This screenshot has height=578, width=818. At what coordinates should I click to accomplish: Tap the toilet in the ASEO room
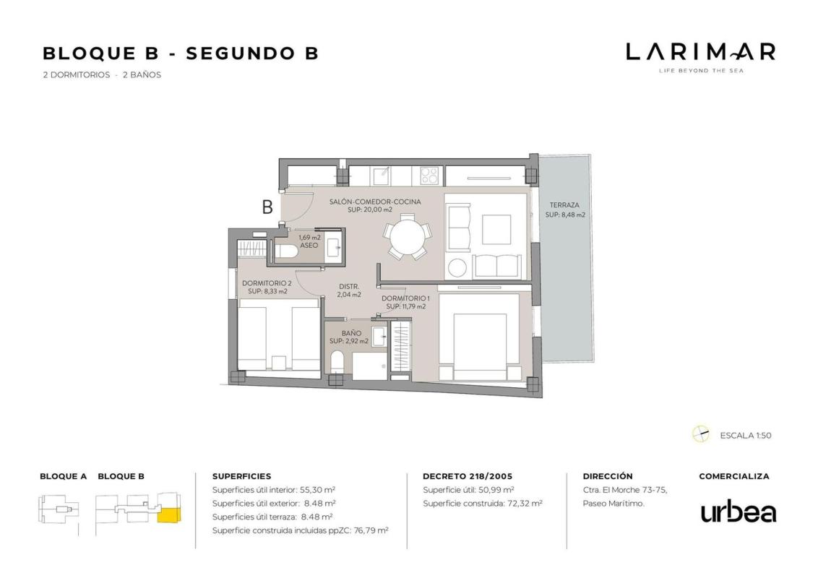coord(286,252)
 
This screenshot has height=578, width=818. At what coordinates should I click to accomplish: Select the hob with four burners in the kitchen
coord(429,176)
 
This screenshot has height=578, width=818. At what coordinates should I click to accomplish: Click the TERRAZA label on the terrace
coord(564,205)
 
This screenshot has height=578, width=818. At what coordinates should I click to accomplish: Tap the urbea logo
coord(738,512)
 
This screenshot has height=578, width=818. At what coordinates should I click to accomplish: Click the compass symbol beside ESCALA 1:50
coord(701,434)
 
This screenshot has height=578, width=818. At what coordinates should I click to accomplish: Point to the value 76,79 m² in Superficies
coord(371,530)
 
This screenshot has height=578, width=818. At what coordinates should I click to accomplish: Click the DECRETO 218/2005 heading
coord(468,476)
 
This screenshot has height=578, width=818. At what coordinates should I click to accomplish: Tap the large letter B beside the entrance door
coord(267,207)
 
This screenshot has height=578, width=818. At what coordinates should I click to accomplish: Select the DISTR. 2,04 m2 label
coord(349,290)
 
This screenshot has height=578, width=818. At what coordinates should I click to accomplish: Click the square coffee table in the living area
coord(496,230)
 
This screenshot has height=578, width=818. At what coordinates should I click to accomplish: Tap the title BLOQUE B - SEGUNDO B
coord(181,53)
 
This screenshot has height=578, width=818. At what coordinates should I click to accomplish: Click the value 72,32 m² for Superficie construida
coord(525,504)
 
